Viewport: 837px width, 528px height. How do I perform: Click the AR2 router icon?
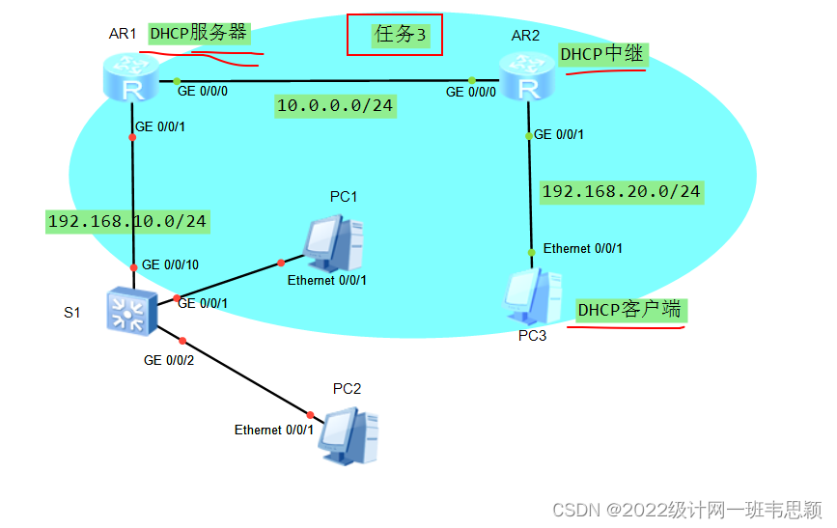point(527,77)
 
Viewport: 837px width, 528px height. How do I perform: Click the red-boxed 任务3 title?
point(395,35)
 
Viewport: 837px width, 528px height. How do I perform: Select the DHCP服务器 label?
point(198,34)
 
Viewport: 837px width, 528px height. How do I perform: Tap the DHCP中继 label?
point(601,55)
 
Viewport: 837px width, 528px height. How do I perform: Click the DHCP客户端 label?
point(629,310)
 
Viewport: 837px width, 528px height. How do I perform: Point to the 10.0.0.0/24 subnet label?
point(334,105)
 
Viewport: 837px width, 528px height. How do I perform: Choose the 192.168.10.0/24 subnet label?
point(127,221)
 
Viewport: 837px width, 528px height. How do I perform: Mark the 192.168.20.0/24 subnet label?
point(621,191)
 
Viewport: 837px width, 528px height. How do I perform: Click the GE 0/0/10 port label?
point(170,264)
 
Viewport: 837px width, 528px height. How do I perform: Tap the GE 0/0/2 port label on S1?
point(168,360)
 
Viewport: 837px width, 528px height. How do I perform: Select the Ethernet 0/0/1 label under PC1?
point(327,280)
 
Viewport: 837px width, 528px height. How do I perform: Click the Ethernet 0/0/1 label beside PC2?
point(274,430)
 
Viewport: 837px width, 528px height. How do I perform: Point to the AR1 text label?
point(123,35)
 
